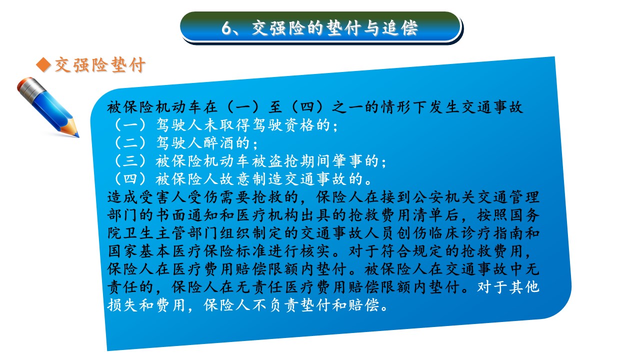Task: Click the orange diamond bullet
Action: coord(43,65)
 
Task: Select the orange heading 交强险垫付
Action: coord(99,65)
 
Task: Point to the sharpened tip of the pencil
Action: coord(77,135)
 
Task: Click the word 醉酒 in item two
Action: coord(219,143)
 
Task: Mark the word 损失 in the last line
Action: coord(123,305)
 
